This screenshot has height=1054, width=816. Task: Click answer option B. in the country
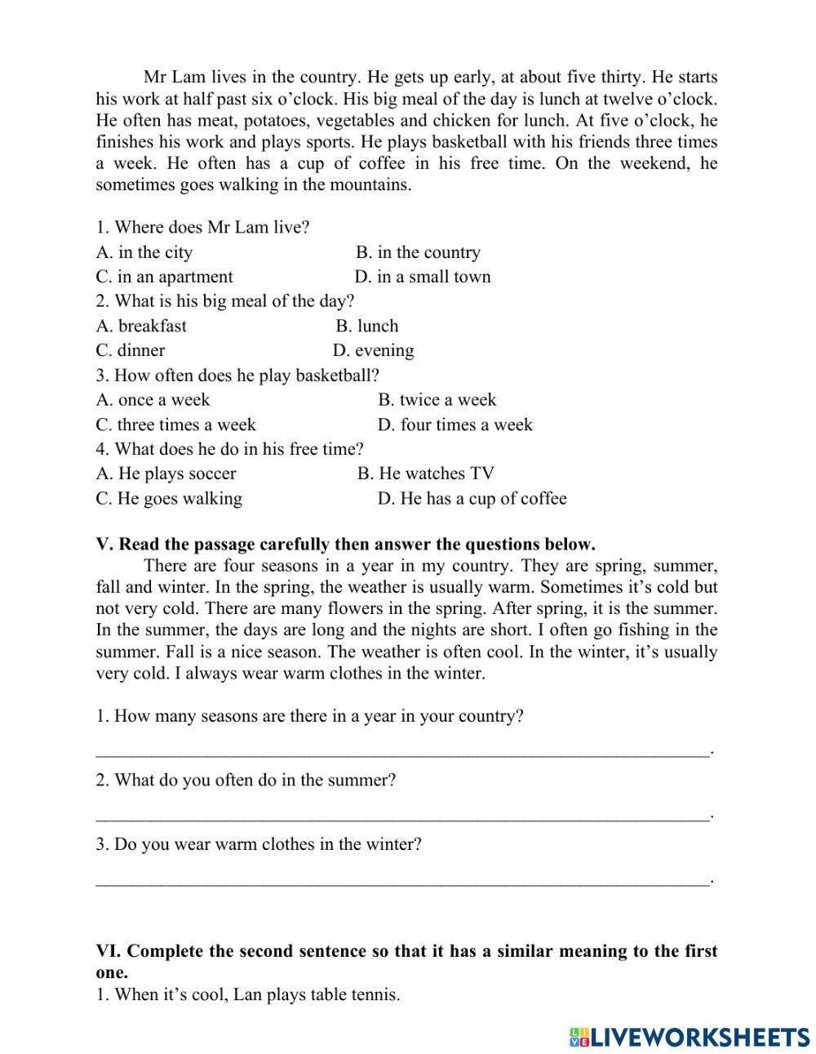pyautogui.click(x=418, y=252)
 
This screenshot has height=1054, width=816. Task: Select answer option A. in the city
pyautogui.click(x=144, y=252)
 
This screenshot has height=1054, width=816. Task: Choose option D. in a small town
pyautogui.click(x=423, y=277)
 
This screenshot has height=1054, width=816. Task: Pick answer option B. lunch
pyautogui.click(x=367, y=326)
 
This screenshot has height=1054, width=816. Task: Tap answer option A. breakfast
pyautogui.click(x=141, y=326)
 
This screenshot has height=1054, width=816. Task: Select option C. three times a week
pyautogui.click(x=175, y=425)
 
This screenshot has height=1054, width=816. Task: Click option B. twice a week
pyautogui.click(x=437, y=400)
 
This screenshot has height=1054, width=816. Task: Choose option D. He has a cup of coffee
pyautogui.click(x=472, y=499)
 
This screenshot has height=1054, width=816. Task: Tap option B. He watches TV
pyautogui.click(x=425, y=474)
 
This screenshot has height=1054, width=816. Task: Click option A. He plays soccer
pyautogui.click(x=166, y=474)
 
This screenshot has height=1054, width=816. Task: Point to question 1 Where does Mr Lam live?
pyautogui.click(x=202, y=227)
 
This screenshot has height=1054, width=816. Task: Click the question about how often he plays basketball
pyautogui.click(x=237, y=376)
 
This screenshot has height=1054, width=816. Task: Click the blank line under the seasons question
pyautogui.click(x=402, y=751)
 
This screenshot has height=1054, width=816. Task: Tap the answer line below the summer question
pyautogui.click(x=402, y=816)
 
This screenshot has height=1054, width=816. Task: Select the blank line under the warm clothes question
pyautogui.click(x=402, y=880)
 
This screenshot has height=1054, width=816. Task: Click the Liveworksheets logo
pyautogui.click(x=690, y=1037)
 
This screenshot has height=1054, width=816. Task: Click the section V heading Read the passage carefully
pyautogui.click(x=345, y=545)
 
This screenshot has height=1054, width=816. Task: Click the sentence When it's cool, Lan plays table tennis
pyautogui.click(x=248, y=994)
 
